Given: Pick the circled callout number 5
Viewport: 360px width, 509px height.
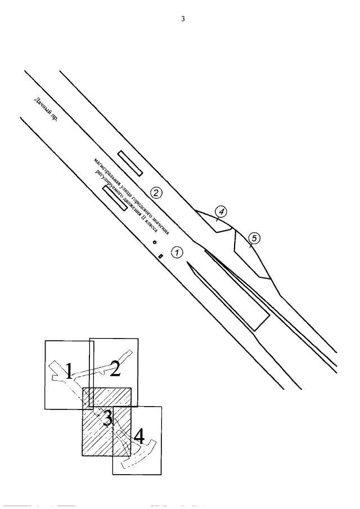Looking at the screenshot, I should tap(254, 238).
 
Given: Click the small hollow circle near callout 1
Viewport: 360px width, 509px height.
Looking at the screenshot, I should tap(154, 242).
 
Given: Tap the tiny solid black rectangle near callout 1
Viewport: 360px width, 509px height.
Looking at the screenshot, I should tap(160, 256).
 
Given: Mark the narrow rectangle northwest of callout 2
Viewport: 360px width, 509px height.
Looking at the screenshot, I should tap(129, 162).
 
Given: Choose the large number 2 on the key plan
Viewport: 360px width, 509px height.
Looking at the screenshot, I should tap(115, 368).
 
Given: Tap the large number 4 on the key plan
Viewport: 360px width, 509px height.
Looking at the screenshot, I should tap(138, 436).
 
